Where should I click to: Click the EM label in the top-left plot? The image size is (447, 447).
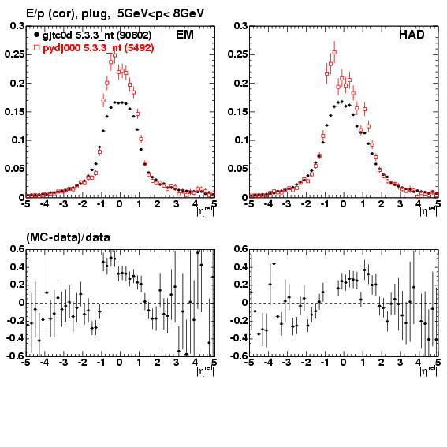[184, 35]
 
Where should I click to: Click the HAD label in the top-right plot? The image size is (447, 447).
[412, 35]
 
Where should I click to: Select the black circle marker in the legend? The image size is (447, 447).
[36, 35]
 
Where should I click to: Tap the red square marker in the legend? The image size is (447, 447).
[36, 47]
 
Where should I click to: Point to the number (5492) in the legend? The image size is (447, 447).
[139, 48]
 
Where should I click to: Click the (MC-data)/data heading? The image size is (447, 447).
[68, 237]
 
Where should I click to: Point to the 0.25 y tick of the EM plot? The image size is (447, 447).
[14, 54]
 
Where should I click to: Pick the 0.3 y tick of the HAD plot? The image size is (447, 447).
[240, 26]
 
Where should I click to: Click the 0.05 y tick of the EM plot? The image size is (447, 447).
[14, 169]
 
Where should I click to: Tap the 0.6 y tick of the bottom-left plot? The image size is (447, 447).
[17, 249]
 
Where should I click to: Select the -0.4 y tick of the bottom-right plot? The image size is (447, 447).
[239, 338]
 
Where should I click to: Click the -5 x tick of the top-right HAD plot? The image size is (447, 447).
[250, 204]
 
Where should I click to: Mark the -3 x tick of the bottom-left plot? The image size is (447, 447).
[63, 363]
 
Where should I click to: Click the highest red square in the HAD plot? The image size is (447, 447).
[334, 53]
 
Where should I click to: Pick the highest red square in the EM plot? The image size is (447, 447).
[114, 55]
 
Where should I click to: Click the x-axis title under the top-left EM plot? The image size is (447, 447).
[205, 211]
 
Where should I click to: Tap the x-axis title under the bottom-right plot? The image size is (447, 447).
[428, 370]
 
